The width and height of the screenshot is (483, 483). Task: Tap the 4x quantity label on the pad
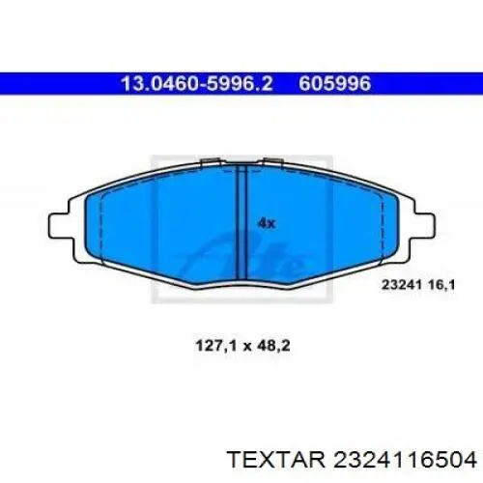pos(267,223)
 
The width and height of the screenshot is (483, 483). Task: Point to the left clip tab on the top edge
pos(207,161)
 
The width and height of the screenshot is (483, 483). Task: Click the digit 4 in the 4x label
pos(262,223)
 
